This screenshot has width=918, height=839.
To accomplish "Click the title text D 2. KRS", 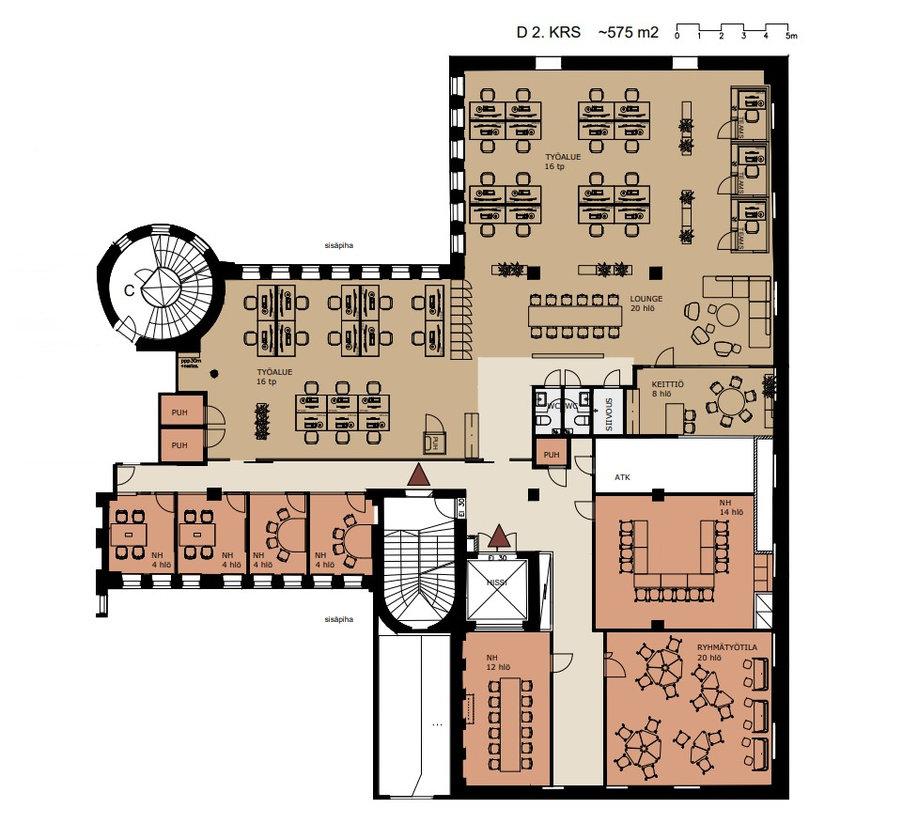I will (548, 33).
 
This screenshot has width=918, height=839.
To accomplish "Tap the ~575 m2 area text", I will (630, 33).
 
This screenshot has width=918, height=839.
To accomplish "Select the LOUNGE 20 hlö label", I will (647, 303).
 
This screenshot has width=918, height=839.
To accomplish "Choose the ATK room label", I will (622, 477).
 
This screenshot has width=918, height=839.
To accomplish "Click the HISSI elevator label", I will (497, 583).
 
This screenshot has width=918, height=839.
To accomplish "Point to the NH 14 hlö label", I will (731, 508).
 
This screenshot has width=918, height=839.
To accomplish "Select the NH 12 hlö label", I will (498, 661).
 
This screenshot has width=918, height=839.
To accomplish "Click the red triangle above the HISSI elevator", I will (498, 537).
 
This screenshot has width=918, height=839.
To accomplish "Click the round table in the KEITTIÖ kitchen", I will (730, 402).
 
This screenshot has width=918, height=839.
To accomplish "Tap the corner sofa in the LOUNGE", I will (742, 298).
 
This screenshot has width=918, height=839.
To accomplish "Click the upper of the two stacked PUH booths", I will (178, 412).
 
